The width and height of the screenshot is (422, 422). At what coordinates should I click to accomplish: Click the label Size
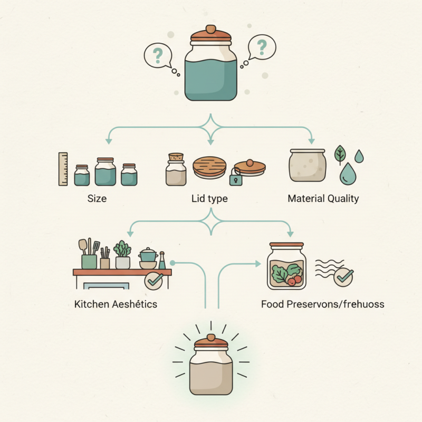point(97,199)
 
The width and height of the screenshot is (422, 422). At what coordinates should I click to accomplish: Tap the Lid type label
point(210,199)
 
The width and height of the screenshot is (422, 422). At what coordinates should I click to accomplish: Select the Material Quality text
point(323,199)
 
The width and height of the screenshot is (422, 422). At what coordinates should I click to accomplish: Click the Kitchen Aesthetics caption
point(116,304)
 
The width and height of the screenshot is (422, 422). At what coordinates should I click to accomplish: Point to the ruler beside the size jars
point(63,169)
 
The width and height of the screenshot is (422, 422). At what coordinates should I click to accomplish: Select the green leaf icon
point(341,155)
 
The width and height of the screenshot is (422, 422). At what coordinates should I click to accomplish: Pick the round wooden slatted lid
point(209,167)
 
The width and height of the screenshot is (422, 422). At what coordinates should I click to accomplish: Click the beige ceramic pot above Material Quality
point(308,165)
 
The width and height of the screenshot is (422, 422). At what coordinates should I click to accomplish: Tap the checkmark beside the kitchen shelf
point(154,281)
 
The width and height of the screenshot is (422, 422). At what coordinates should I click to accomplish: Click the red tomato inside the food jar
point(298,279)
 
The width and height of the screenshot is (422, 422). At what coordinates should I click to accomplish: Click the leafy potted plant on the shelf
point(123,254)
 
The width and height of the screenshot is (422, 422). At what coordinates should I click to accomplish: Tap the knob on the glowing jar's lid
point(210,337)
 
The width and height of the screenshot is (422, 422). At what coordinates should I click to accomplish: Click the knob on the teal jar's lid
point(210,29)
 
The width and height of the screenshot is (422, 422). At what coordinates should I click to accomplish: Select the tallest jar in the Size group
point(105,171)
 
